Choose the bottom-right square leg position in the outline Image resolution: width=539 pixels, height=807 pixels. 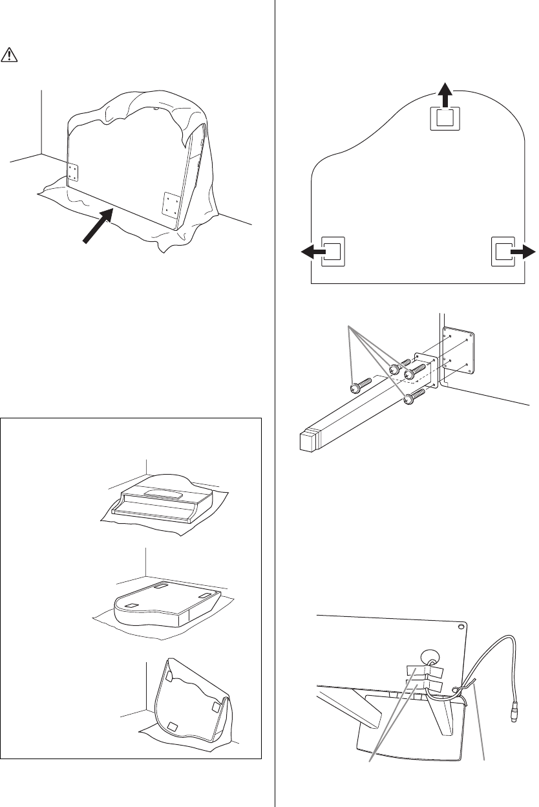click(x=503, y=252)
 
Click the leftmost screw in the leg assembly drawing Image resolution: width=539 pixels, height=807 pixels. click(x=355, y=387)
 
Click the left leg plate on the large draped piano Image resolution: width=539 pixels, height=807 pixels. click(x=73, y=173)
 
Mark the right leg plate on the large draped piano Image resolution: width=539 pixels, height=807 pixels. click(x=170, y=205)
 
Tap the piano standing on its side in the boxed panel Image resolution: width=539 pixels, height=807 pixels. click(x=190, y=700)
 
